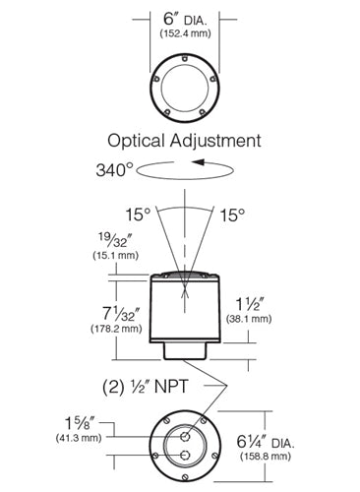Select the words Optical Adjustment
tap(183, 140)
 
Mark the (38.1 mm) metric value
tap(276, 319)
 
